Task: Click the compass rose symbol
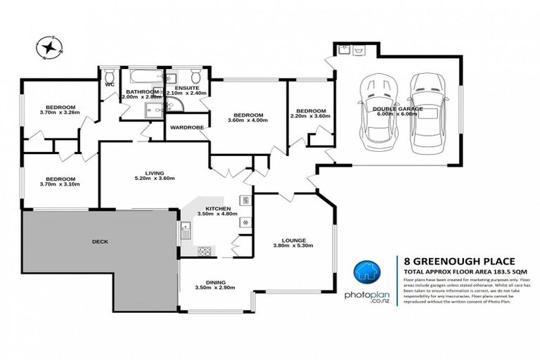pyautogui.click(x=50, y=48)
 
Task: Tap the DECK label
pyautogui.click(x=100, y=241)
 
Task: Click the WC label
pyautogui.click(x=110, y=84)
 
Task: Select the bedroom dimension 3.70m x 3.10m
pyautogui.click(x=60, y=184)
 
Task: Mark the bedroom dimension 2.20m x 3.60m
pyautogui.click(x=310, y=117)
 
